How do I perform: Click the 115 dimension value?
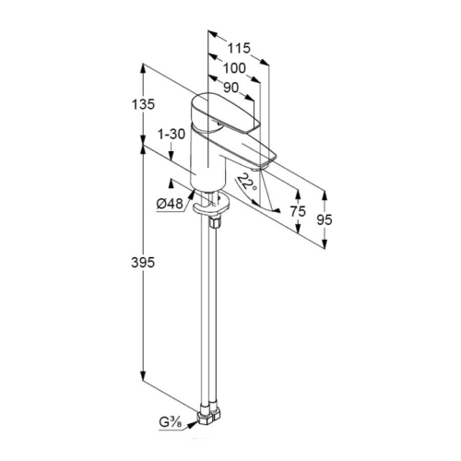coord(239,48)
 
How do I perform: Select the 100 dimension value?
coord(234,68)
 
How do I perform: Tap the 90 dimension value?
coord(230,88)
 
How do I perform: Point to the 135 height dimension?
coord(143,104)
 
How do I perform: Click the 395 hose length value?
coord(143,263)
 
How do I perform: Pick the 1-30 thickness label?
coord(171,135)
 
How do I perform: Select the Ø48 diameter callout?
coord(170,204)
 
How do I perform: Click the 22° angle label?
coord(247,182)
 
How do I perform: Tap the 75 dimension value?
coord(298,211)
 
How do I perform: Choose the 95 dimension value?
coord(325,219)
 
